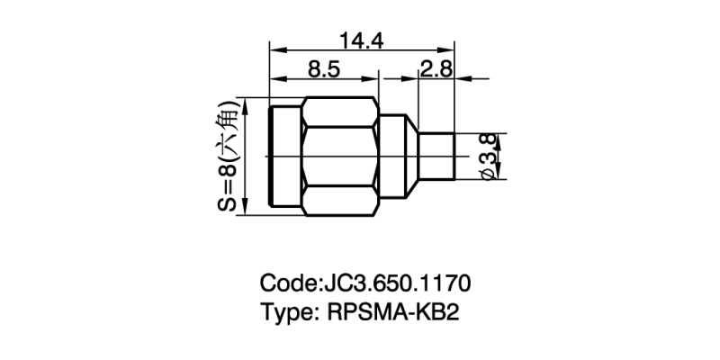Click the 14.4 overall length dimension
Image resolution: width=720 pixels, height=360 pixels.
pos(361,41)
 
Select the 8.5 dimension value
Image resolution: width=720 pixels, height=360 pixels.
pos(324,69)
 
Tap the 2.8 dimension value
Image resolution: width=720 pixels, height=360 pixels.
pos(436,69)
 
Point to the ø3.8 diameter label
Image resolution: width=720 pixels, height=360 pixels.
pos(487,155)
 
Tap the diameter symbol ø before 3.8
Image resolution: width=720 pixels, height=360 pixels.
pos(487,172)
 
